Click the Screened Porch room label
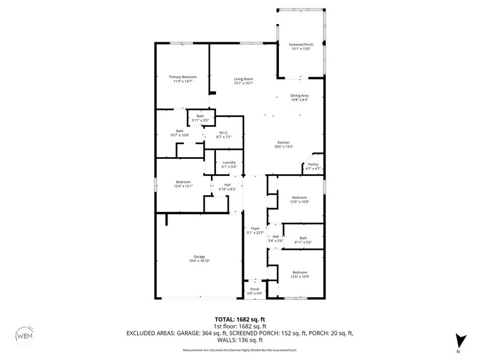(301, 47)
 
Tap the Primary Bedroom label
(183, 79)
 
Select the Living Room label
(243, 81)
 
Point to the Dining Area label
(299, 98)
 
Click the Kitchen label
(283, 145)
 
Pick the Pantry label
(313, 166)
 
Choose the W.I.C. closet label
(223, 135)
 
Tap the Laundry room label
(229, 165)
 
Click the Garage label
(199, 259)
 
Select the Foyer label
(255, 230)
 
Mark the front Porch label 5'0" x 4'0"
(255, 291)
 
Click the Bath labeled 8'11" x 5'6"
(303, 240)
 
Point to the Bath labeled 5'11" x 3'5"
(200, 118)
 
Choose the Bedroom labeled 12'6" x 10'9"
(300, 274)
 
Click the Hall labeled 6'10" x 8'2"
(227, 187)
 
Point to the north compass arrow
(457, 341)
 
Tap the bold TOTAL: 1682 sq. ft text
(239, 319)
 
